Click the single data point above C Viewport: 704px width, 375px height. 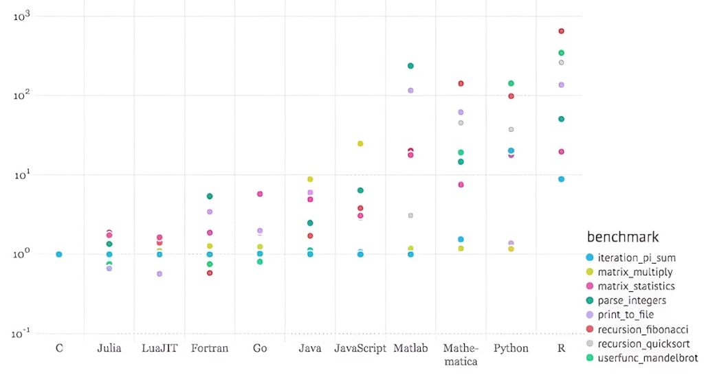tap(59, 254)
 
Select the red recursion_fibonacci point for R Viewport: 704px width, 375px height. tap(561, 31)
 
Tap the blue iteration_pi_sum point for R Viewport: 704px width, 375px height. tap(561, 179)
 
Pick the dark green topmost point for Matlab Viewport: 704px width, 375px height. tap(410, 66)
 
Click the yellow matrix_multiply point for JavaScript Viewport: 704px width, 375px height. tap(360, 144)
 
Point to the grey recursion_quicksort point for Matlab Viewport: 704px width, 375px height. tap(410, 216)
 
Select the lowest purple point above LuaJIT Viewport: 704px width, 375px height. tap(159, 274)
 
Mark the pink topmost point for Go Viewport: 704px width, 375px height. tap(260, 194)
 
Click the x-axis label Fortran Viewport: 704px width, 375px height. tap(210, 348)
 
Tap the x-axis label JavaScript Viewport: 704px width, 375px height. tap(360, 348)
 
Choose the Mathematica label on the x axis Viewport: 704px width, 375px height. tap(461, 354)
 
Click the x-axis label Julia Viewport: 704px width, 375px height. tap(109, 348)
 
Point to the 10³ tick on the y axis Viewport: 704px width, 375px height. tap(23, 15)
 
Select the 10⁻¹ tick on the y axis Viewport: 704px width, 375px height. tap(23, 333)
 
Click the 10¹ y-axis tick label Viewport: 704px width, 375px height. tap(23, 174)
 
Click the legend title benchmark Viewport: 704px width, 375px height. tap(623, 237)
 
